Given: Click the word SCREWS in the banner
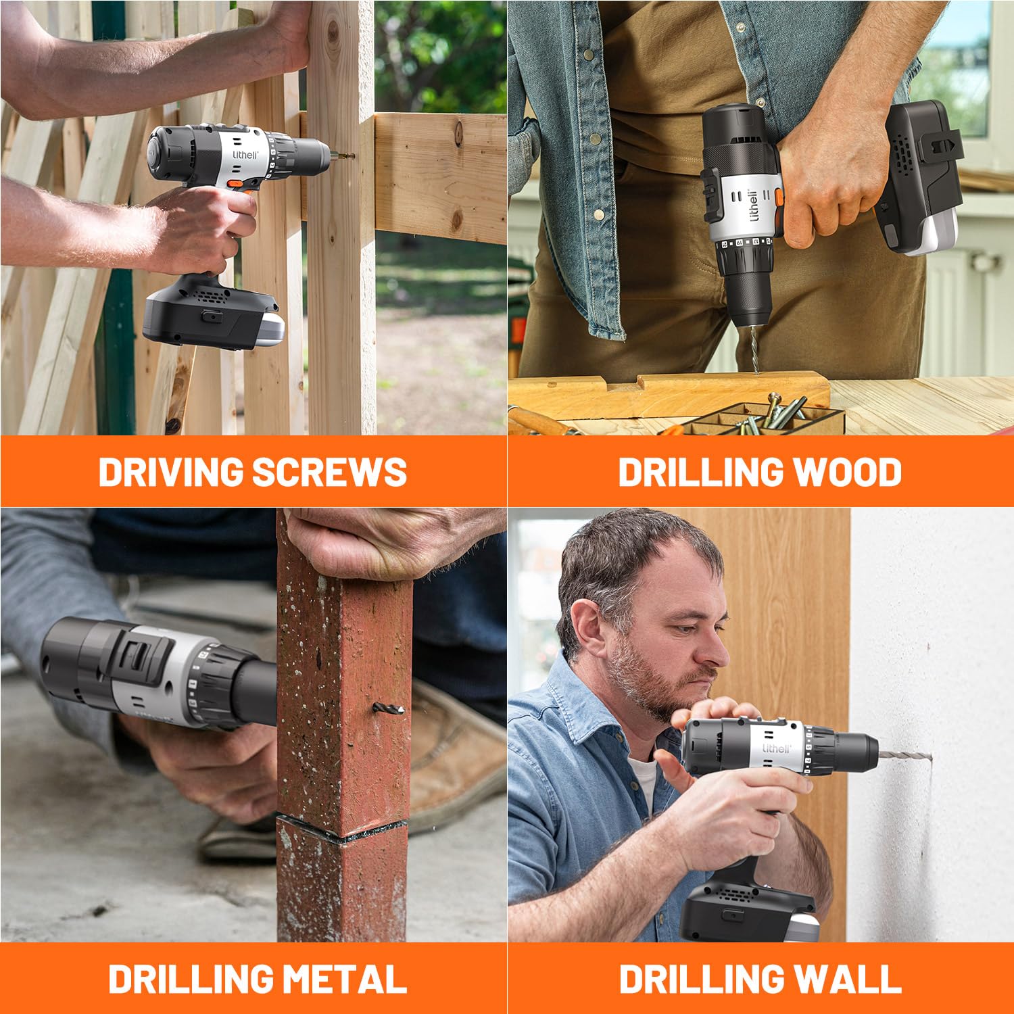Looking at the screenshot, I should (329, 472).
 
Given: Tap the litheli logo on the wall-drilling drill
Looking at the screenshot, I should (775, 748).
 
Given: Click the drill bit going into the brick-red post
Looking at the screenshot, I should (389, 709).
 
